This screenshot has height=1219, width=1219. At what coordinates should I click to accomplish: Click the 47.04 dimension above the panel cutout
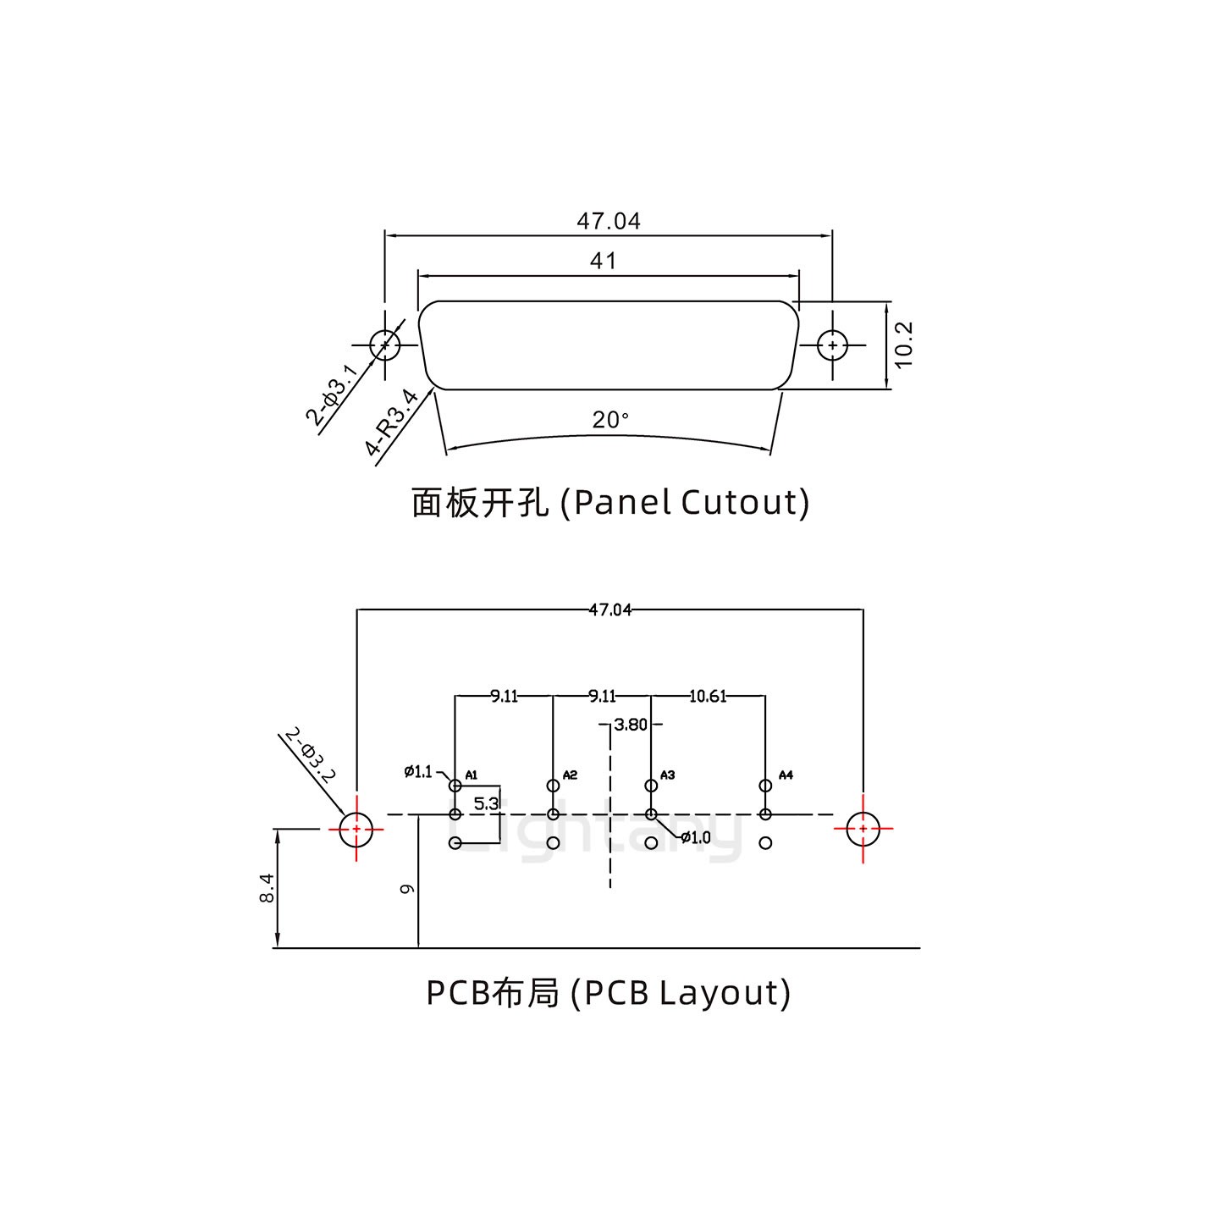(608, 222)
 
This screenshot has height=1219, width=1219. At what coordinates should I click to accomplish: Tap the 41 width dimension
(603, 261)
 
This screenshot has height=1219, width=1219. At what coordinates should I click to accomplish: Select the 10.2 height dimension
(903, 345)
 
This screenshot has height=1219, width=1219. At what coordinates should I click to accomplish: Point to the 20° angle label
(610, 420)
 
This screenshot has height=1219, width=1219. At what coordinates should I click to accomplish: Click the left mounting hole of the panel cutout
(385, 345)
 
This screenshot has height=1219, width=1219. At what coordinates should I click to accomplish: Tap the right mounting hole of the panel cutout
(833, 345)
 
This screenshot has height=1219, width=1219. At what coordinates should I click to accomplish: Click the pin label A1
(472, 775)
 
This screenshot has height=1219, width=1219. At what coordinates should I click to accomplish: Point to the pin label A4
(786, 775)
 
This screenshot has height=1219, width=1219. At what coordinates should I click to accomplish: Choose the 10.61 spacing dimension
(708, 697)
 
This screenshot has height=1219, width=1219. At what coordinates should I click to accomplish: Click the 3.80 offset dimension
(631, 725)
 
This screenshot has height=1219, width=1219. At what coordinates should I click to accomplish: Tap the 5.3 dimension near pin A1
(486, 803)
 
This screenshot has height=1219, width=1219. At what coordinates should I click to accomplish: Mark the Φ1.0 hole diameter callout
(696, 838)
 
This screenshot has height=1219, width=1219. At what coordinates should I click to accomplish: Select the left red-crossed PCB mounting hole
(356, 829)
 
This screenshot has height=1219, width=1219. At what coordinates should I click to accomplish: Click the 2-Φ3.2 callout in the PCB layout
(311, 755)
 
